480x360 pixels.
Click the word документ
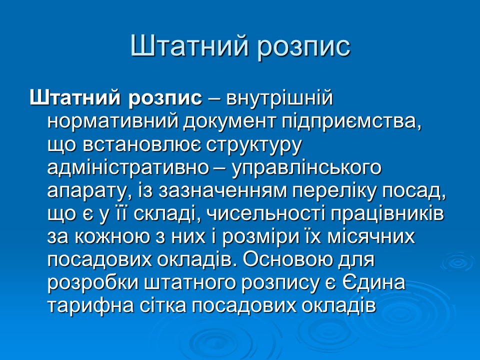[x=224, y=121]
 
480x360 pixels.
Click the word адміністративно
[x=127, y=168]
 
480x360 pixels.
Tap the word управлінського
[x=306, y=168]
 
